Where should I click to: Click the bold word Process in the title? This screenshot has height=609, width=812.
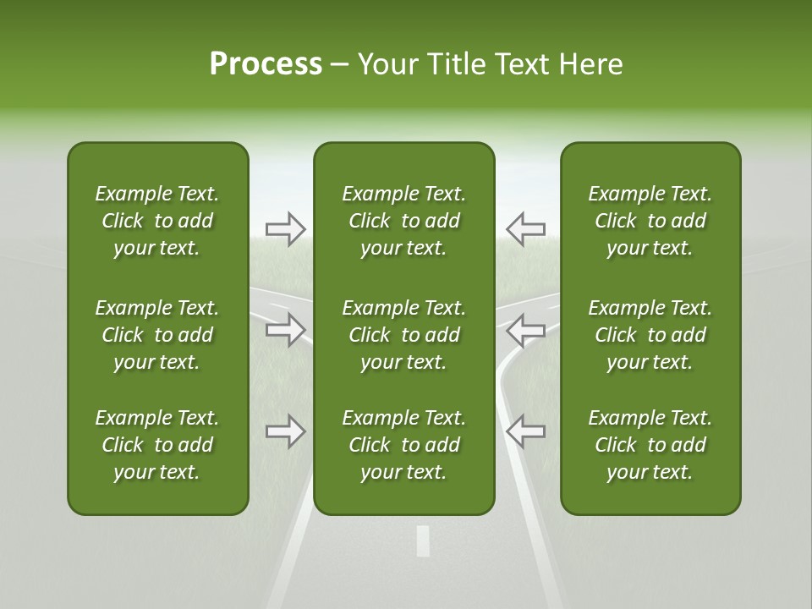pyautogui.click(x=266, y=64)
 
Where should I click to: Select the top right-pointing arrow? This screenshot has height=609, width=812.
pyautogui.click(x=286, y=229)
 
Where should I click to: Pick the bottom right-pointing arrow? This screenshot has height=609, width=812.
pyautogui.click(x=286, y=431)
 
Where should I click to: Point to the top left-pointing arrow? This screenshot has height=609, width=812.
pyautogui.click(x=525, y=229)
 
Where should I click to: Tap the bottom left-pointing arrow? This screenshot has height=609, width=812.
pyautogui.click(x=525, y=431)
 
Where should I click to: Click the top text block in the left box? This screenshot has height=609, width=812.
pyautogui.click(x=157, y=221)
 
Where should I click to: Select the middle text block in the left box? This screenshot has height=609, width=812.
pyautogui.click(x=157, y=335)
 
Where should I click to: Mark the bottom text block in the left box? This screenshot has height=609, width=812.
pyautogui.click(x=157, y=445)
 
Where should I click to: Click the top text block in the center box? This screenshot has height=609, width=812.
pyautogui.click(x=403, y=221)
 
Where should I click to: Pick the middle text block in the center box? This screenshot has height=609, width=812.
pyautogui.click(x=403, y=335)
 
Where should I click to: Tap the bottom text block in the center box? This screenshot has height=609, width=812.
pyautogui.click(x=403, y=445)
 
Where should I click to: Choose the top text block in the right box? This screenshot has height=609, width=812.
pyautogui.click(x=650, y=221)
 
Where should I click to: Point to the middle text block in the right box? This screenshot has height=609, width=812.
pyautogui.click(x=650, y=335)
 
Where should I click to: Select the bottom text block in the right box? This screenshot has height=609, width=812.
pyautogui.click(x=650, y=445)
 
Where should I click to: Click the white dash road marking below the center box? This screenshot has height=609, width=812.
pyautogui.click(x=423, y=540)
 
